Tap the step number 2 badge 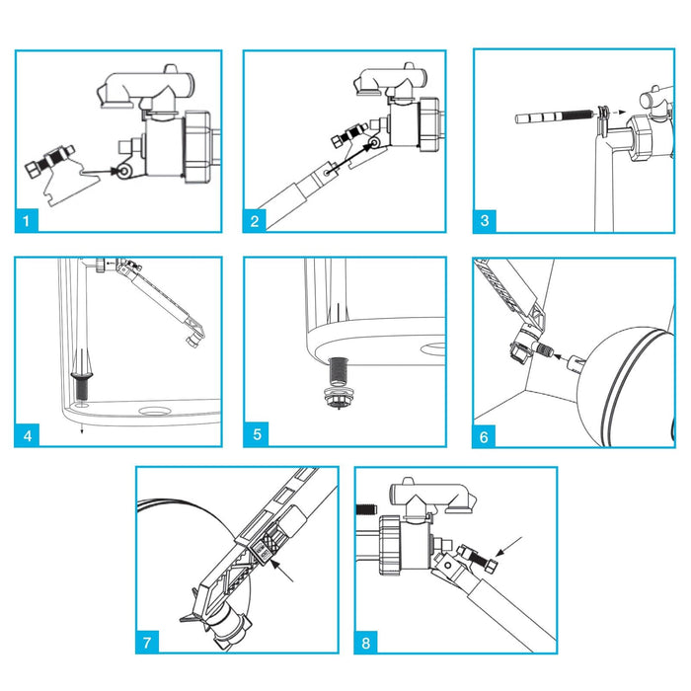[x=256, y=220]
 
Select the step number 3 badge [x=485, y=220]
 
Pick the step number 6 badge [x=485, y=433]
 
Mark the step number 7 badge [x=148, y=642]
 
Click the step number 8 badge [x=367, y=642]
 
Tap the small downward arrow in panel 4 [x=82, y=426]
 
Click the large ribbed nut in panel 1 [x=196, y=145]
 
